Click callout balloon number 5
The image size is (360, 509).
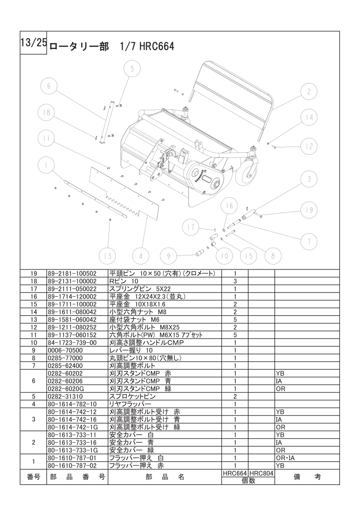(x=132, y=69)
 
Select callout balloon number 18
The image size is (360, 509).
(x=46, y=113)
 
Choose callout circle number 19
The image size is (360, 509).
(x=309, y=210)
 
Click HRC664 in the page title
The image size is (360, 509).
(x=157, y=46)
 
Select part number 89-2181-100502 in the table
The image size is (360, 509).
(x=72, y=274)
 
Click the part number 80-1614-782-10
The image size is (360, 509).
(x=72, y=404)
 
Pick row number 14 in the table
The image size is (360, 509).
(x=33, y=312)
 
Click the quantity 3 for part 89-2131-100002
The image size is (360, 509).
(x=235, y=281)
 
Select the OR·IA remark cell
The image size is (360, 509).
(x=286, y=458)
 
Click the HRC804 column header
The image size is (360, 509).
(x=261, y=473)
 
